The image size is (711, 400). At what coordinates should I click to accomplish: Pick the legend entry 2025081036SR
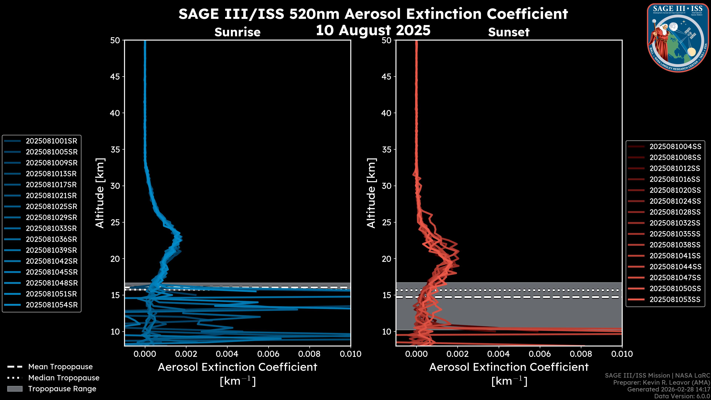pos(51,239)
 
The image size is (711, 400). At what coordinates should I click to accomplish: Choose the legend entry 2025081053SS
pos(675,299)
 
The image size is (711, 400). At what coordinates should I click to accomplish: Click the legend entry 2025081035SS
pos(675,234)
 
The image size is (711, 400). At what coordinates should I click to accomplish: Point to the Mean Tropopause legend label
pos(60,367)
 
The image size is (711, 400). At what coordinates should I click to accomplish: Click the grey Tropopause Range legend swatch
pos(15,389)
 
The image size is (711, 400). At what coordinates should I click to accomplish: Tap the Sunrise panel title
pos(237,32)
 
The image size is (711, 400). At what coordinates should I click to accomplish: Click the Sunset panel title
pos(509,32)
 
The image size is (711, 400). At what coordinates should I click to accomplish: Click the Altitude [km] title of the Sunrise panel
pos(100,193)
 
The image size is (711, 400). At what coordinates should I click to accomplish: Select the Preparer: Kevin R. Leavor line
pos(661,383)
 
